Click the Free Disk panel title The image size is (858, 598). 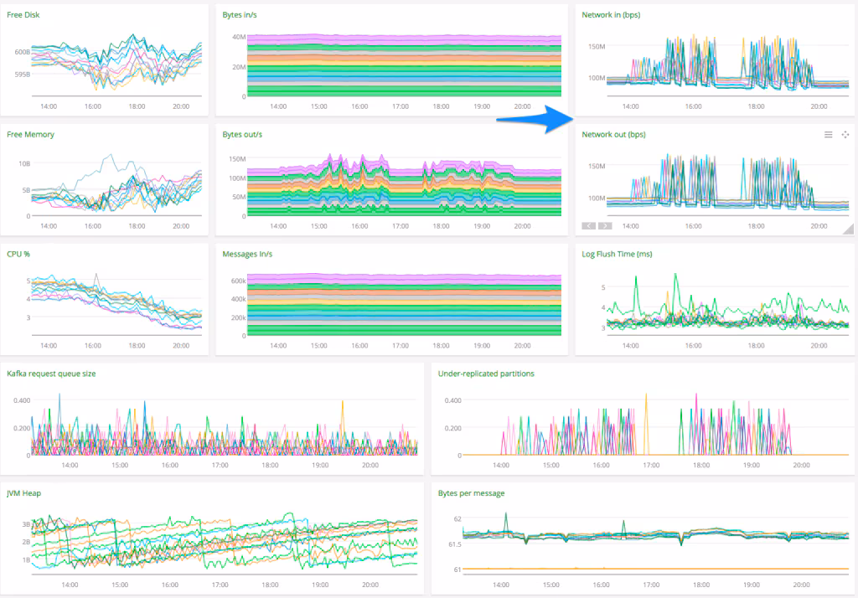pyautogui.click(x=23, y=15)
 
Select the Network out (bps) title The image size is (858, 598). pyautogui.click(x=613, y=134)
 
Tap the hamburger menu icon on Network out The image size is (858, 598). pyautogui.click(x=828, y=135)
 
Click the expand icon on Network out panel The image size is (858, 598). pyautogui.click(x=845, y=135)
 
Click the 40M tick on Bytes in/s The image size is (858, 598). pyautogui.click(x=238, y=37)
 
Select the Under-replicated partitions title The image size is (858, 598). pyautogui.click(x=485, y=374)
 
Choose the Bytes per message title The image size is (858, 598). pyautogui.click(x=471, y=493)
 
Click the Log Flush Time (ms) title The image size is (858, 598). pyautogui.click(x=617, y=254)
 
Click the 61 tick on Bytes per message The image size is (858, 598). pyautogui.click(x=457, y=570)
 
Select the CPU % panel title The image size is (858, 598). pyautogui.click(x=18, y=254)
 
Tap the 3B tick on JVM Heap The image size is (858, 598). pyautogui.click(x=25, y=523)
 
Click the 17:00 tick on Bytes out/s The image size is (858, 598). pyautogui.click(x=401, y=226)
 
